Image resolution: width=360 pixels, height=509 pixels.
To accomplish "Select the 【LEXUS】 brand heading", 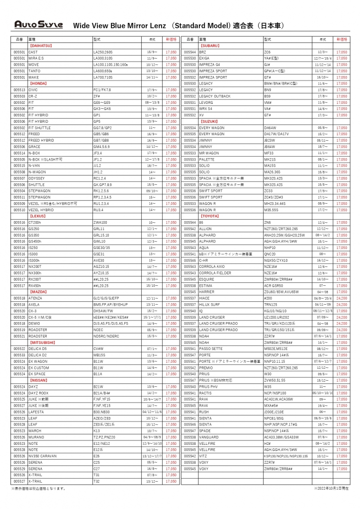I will click(38, 216).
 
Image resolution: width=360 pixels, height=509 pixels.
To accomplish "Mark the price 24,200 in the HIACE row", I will click(342, 298).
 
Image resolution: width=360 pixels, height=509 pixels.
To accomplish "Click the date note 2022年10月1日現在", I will click(331, 488).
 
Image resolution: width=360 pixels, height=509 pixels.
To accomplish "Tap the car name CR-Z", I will click(32, 96).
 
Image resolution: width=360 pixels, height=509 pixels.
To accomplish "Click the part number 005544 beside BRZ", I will click(189, 52).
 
